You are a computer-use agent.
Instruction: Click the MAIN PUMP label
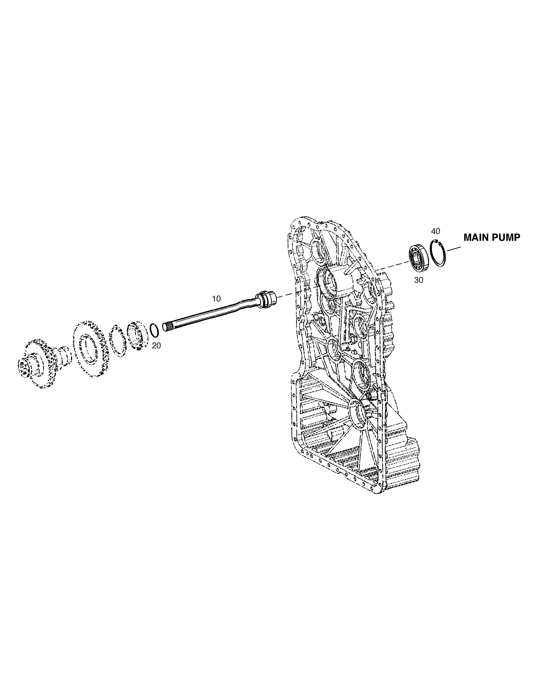click(492, 237)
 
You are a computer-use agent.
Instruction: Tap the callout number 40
click(436, 231)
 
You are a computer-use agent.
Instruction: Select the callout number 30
click(419, 280)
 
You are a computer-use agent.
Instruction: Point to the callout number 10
click(216, 299)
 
